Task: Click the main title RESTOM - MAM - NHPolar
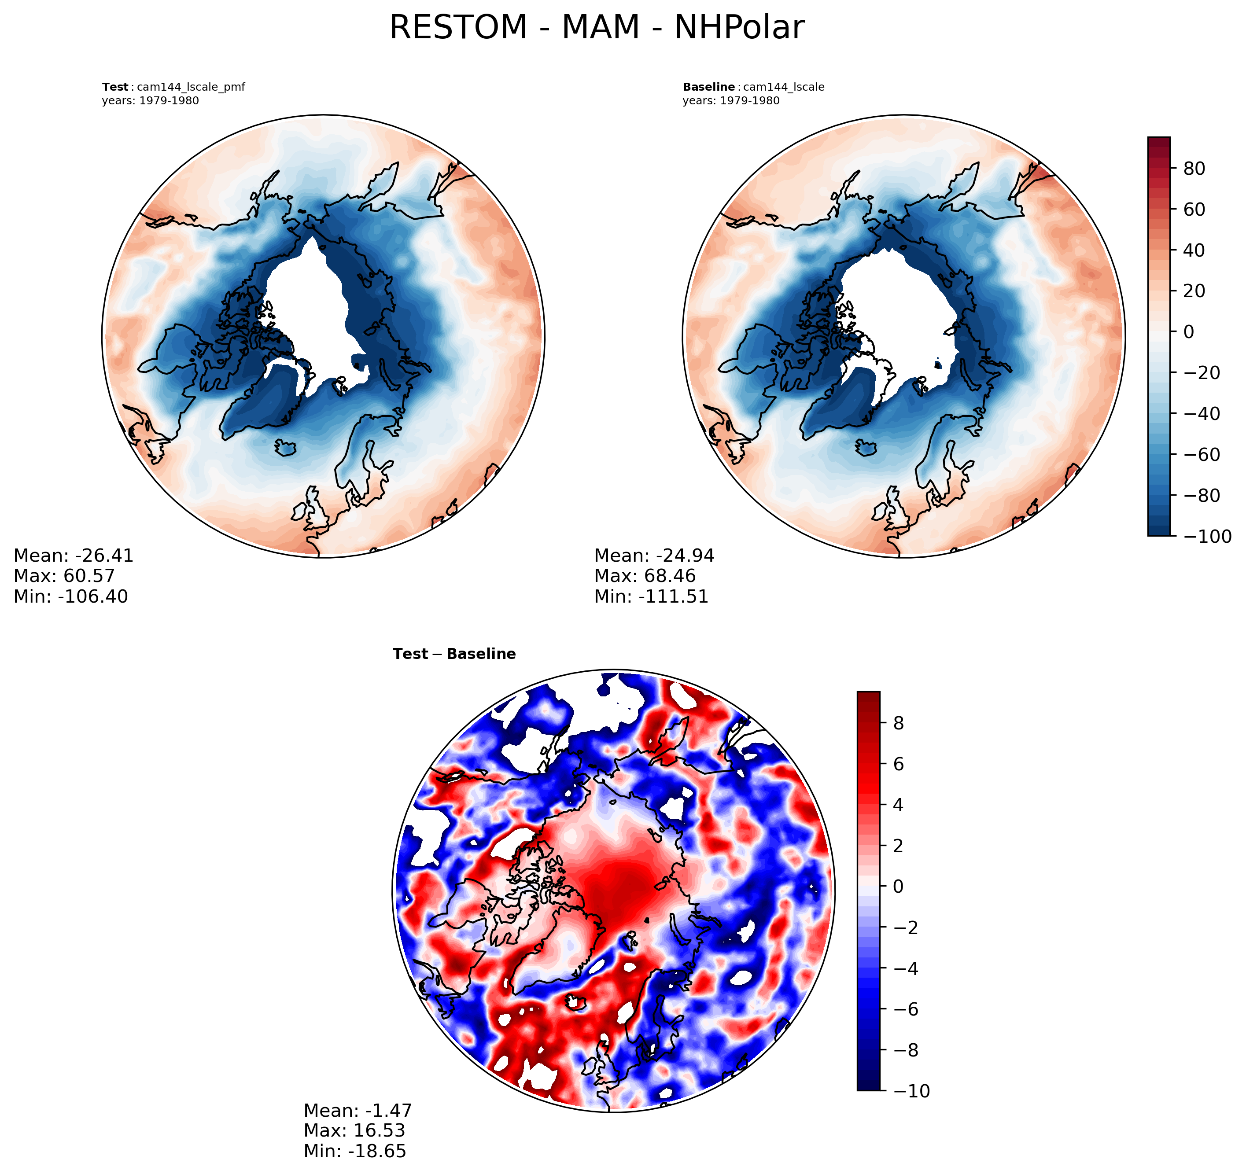[597, 28]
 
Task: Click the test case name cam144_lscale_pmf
[191, 87]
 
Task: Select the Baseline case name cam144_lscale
[783, 87]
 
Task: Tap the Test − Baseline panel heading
[454, 654]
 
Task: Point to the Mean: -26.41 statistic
[74, 556]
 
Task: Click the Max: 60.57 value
[64, 575]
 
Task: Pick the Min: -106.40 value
[71, 596]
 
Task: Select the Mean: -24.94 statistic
[654, 556]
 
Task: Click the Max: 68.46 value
[645, 575]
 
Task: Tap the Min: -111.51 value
[651, 596]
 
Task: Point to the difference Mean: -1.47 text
[358, 1110]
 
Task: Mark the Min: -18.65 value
[355, 1151]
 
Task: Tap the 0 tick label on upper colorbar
[1188, 331]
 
